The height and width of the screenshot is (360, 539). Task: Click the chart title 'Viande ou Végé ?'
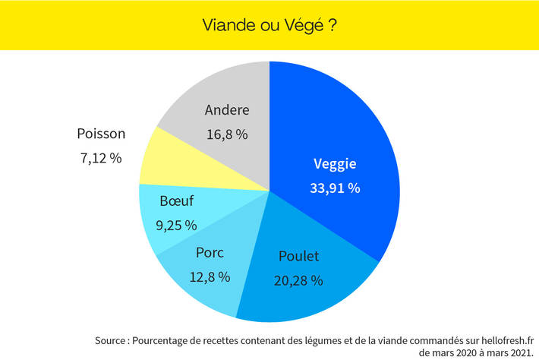click(x=269, y=24)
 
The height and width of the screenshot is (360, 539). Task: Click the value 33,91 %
click(x=335, y=188)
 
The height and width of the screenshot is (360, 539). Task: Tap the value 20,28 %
click(x=298, y=280)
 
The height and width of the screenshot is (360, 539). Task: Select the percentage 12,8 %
click(x=210, y=276)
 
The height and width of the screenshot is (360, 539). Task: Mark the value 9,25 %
click(x=176, y=225)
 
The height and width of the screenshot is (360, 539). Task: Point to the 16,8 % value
click(x=227, y=134)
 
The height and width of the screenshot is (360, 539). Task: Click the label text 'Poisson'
click(x=101, y=134)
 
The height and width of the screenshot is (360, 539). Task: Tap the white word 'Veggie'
click(x=335, y=163)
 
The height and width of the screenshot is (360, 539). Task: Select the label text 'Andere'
click(x=227, y=110)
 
